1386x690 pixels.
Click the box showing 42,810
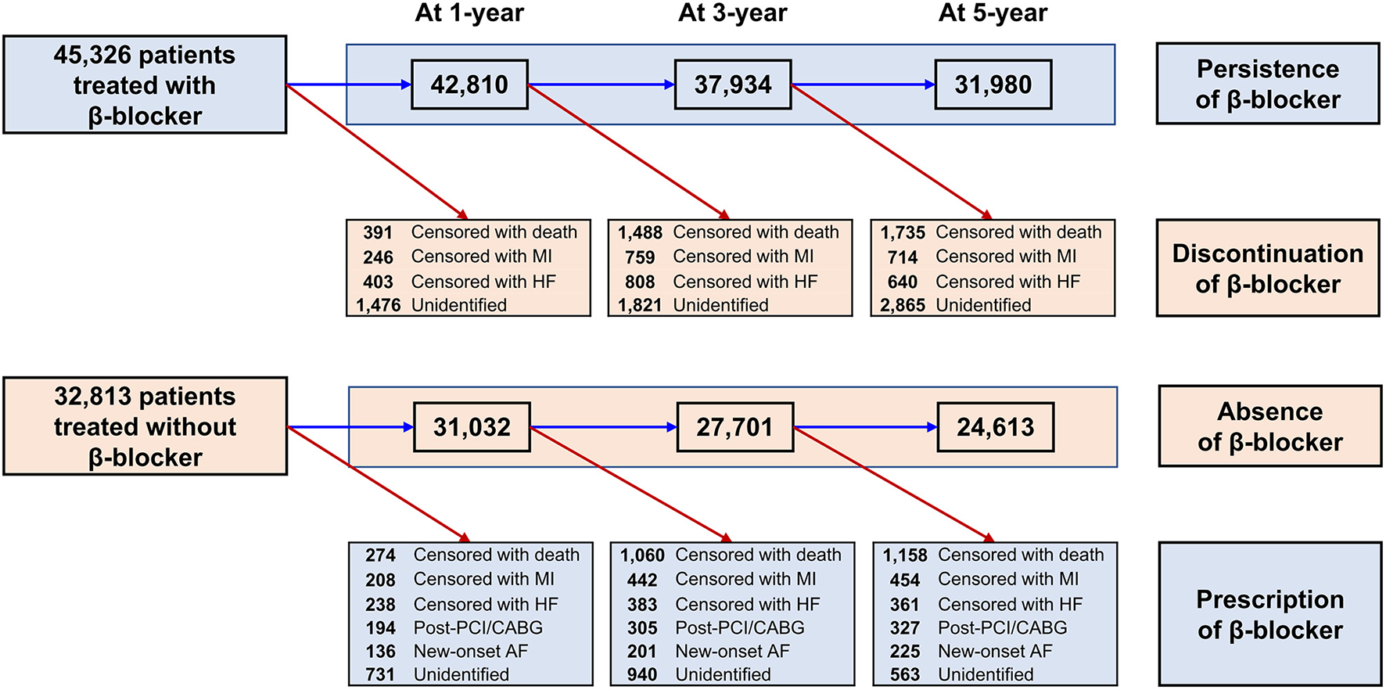[x=469, y=84]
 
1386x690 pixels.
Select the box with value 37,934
[x=733, y=84]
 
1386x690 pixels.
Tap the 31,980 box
[x=993, y=84]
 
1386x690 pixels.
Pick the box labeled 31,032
[x=472, y=427]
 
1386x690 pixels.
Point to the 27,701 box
[x=734, y=427]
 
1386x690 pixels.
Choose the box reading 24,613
[x=995, y=427]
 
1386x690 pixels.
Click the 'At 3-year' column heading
[x=733, y=13]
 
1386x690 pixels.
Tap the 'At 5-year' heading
[x=993, y=13]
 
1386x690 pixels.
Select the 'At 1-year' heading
[x=469, y=13]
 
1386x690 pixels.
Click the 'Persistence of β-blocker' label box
[x=1267, y=84]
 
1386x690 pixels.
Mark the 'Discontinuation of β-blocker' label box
[x=1267, y=268]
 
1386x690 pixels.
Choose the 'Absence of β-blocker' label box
[x=1269, y=426]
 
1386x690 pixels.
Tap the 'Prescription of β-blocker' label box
[x=1269, y=614]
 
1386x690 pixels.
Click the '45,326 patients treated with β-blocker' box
[x=145, y=84]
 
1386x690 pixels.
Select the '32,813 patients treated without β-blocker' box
[x=145, y=426]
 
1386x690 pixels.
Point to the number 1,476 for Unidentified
[x=379, y=305]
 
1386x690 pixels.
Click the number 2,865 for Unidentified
[x=903, y=305]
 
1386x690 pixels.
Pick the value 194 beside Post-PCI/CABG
[x=380, y=627]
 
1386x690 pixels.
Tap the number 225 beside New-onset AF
[x=905, y=651]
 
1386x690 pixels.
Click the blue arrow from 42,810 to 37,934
[x=601, y=84]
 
